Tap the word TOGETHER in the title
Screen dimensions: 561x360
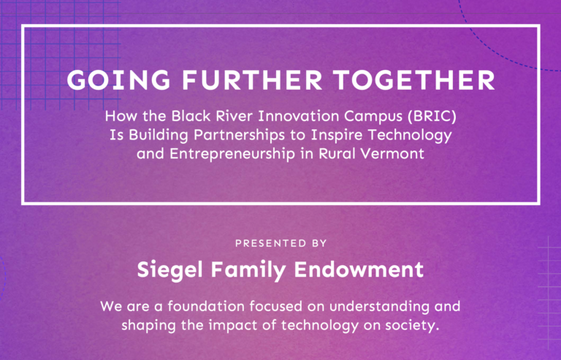pyautogui.click(x=414, y=80)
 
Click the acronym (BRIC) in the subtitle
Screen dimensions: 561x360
pyautogui.click(x=435, y=117)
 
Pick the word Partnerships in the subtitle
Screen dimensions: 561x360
pyautogui.click(x=240, y=136)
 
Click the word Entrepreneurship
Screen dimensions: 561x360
pyautogui.click(x=232, y=154)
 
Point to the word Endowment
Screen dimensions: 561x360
pyautogui.click(x=359, y=269)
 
